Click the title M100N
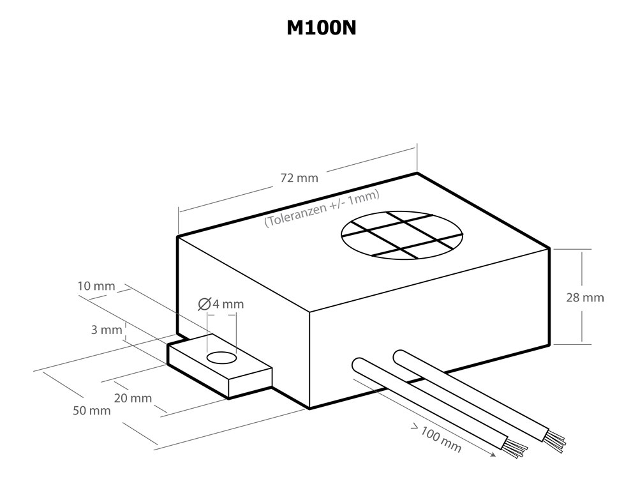(322, 28)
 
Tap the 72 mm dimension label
(299, 178)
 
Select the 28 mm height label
(585, 298)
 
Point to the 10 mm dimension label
(96, 286)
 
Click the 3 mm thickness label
(107, 330)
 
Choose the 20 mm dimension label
(133, 398)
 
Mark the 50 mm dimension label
(91, 411)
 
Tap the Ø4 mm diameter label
(221, 304)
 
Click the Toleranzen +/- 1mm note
(322, 208)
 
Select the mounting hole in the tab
(222, 358)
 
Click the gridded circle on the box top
(402, 236)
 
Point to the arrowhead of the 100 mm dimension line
(494, 454)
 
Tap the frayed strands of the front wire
(517, 448)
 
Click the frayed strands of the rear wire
(554, 441)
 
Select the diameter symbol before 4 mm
(204, 304)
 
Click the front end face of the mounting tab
(250, 383)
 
